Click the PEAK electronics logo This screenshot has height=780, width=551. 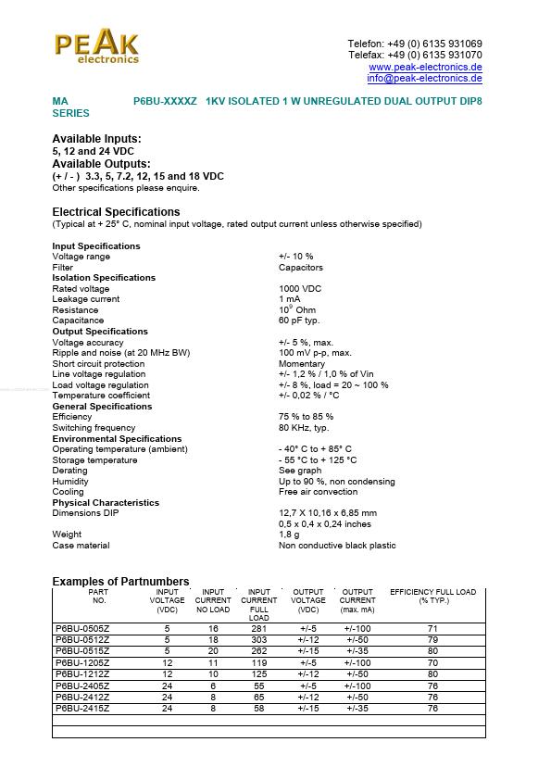point(96,46)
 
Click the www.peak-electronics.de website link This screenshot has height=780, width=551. point(425,68)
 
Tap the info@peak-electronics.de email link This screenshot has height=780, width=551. point(424,79)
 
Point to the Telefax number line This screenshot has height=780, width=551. point(415,56)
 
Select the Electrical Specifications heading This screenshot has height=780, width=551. point(116,212)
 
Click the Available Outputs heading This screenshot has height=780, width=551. point(101,164)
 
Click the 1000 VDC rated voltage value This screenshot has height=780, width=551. point(300,289)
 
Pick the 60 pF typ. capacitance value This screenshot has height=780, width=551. point(299,321)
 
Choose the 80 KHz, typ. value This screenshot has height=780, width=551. point(304,428)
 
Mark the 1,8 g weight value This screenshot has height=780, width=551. point(290,535)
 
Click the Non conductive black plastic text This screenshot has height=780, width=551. point(337,546)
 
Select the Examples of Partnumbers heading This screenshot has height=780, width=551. point(120,582)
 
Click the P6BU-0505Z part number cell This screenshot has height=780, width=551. point(82,629)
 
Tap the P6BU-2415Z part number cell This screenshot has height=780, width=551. point(82,709)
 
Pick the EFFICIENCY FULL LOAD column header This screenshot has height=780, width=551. point(432,596)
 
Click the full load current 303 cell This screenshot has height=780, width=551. point(258,640)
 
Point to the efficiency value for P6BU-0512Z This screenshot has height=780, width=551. point(432,640)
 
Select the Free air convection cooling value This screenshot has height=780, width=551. point(318,492)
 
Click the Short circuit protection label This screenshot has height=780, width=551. point(98,364)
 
